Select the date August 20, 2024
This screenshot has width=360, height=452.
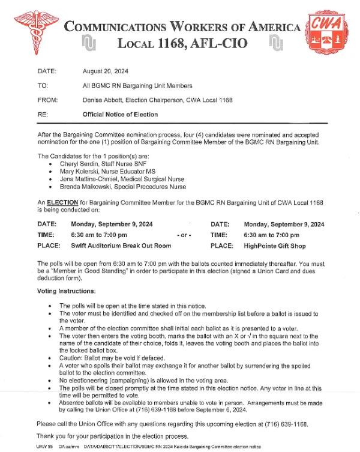coord(106,71)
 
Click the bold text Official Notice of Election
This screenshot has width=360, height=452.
coord(120,115)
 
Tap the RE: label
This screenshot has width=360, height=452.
coord(43,115)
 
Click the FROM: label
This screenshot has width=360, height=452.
coord(46,100)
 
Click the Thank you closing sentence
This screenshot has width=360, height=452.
coord(113,436)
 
